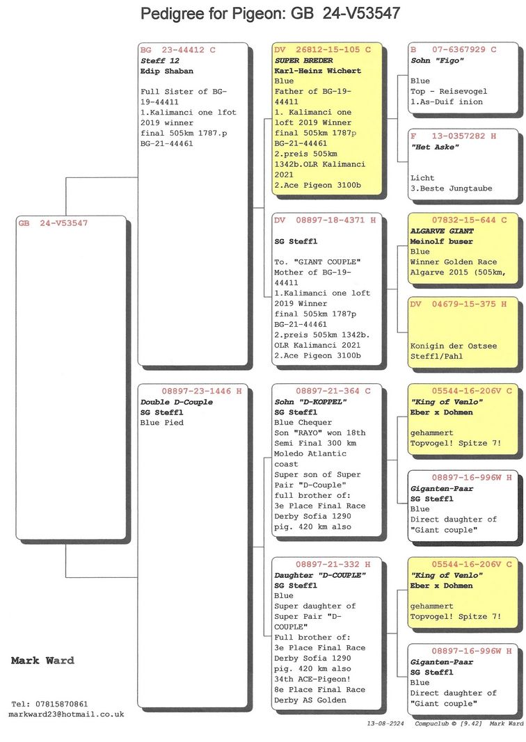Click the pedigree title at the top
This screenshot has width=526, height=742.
[x=271, y=13]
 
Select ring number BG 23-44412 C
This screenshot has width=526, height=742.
[x=177, y=49]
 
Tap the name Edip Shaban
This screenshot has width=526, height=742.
[x=167, y=71]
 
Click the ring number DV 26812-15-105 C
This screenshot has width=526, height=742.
[x=322, y=49]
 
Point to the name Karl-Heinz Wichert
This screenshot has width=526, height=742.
[x=318, y=71]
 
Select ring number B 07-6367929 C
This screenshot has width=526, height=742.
[x=454, y=49]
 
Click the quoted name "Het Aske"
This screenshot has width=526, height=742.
[x=435, y=147]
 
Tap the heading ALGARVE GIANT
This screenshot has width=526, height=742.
[x=442, y=231]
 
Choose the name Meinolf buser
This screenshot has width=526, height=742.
[x=441, y=241]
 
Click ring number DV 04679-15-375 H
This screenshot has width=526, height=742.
[x=459, y=304]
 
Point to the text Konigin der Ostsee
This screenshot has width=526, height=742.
[x=454, y=346]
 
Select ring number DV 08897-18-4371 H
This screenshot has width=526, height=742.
[x=325, y=220]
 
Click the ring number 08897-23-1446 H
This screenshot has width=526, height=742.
[x=202, y=392]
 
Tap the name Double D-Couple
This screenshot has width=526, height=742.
[x=177, y=402]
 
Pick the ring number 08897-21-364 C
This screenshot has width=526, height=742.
[x=333, y=392]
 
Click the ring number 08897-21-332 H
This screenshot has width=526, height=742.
[x=333, y=565]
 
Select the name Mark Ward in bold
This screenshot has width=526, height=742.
[x=42, y=661]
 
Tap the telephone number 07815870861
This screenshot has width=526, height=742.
[x=61, y=704]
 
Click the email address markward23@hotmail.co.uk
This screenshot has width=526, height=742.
[x=66, y=715]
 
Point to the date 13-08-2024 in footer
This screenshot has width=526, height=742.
[x=385, y=723]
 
